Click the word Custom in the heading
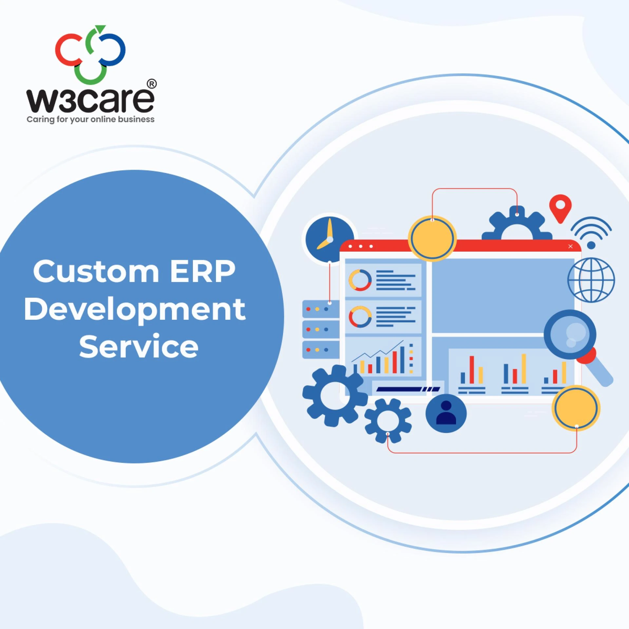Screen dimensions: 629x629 pos(96,272)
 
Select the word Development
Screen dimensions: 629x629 pos(135,310)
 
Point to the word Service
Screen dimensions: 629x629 pos(139,347)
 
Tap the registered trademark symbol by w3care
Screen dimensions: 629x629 pos(152,84)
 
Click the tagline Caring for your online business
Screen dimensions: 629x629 pos(90,120)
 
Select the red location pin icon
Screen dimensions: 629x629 pos(560,208)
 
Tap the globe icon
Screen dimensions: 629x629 pos(591,280)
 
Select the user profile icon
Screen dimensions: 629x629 pos(446,413)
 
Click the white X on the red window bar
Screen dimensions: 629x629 pos(570,246)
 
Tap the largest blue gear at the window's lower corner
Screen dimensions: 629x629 pos(333,395)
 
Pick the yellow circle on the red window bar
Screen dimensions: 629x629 pos(432,238)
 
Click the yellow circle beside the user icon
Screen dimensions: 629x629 pos(576,408)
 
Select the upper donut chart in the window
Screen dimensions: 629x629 pos(360,280)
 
